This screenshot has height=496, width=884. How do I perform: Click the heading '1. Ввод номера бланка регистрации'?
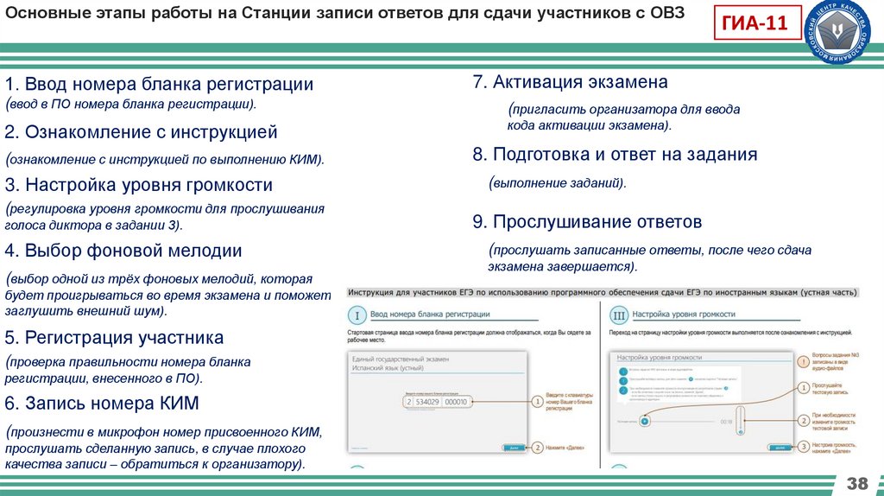(158, 85)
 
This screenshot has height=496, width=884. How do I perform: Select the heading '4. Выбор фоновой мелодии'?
(123, 251)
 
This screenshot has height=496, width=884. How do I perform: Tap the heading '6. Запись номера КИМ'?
(102, 403)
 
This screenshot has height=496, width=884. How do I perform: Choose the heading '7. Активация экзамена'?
(570, 82)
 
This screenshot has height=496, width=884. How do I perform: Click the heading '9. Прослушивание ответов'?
(586, 222)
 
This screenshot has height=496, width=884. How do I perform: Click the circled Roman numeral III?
(618, 315)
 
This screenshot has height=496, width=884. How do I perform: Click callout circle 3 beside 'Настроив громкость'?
(804, 447)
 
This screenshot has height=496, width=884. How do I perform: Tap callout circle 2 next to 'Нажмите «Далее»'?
(537, 447)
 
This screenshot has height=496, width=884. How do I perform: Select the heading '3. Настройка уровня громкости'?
(138, 185)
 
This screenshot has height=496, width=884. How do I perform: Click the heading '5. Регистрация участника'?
(114, 337)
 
